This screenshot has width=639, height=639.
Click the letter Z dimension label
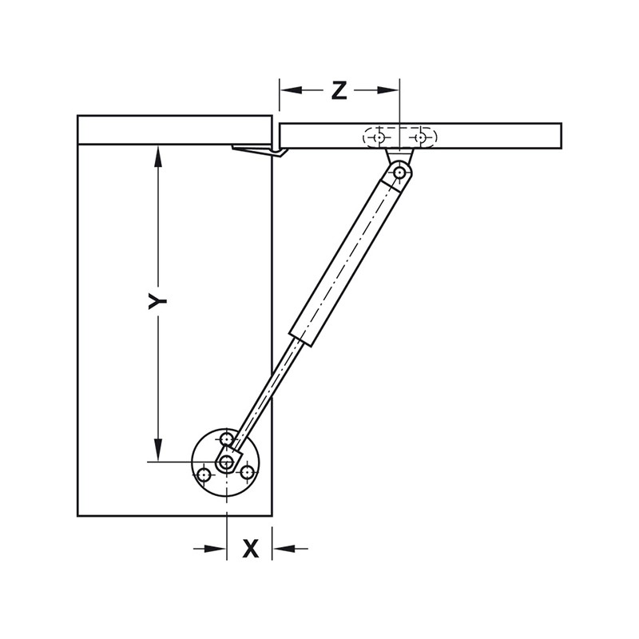[x=339, y=91]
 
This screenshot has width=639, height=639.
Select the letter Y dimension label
[x=157, y=300]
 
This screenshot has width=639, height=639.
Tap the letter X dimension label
[x=251, y=549]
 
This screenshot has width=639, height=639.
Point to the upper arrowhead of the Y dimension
[x=159, y=156]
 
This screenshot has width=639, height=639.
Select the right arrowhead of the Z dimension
[x=390, y=91]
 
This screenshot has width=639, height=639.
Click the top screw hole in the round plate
[x=228, y=439]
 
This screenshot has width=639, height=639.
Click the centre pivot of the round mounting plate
[x=228, y=462]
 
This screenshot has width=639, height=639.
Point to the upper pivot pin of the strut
[x=399, y=171]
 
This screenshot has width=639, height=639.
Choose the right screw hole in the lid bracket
[x=420, y=137]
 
